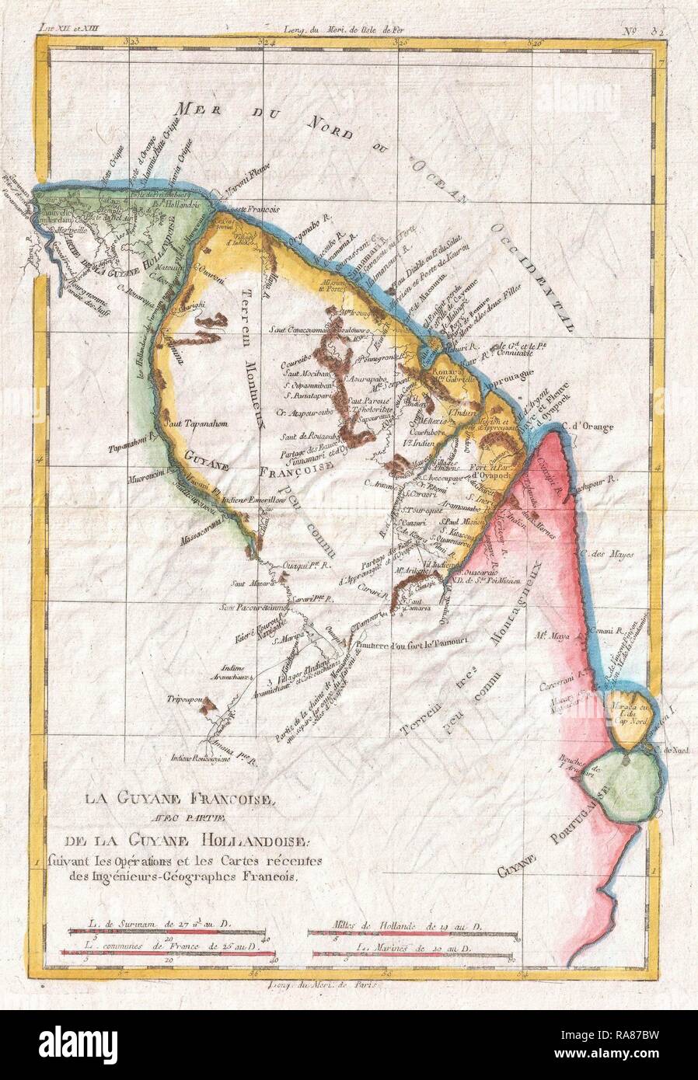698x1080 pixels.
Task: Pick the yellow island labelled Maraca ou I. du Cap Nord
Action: pos(626,709)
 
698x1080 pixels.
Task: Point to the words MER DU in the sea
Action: pos(214,112)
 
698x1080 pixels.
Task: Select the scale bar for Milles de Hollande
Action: pos(412,929)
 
